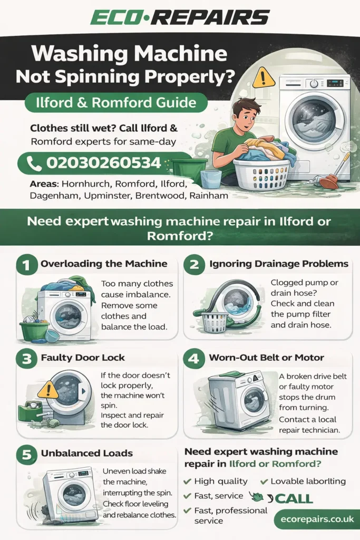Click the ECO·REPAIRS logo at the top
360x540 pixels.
[x=180, y=17]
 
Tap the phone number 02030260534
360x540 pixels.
[x=103, y=163]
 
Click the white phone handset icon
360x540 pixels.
[x=34, y=163]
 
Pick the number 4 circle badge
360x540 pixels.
[x=193, y=358]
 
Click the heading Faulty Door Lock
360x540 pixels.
[x=83, y=358]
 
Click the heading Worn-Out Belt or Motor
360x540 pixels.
[x=267, y=358]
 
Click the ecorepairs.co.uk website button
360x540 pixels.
[x=314, y=519]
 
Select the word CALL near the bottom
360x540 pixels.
[x=294, y=498]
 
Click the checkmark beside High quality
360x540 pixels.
[x=187, y=481]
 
